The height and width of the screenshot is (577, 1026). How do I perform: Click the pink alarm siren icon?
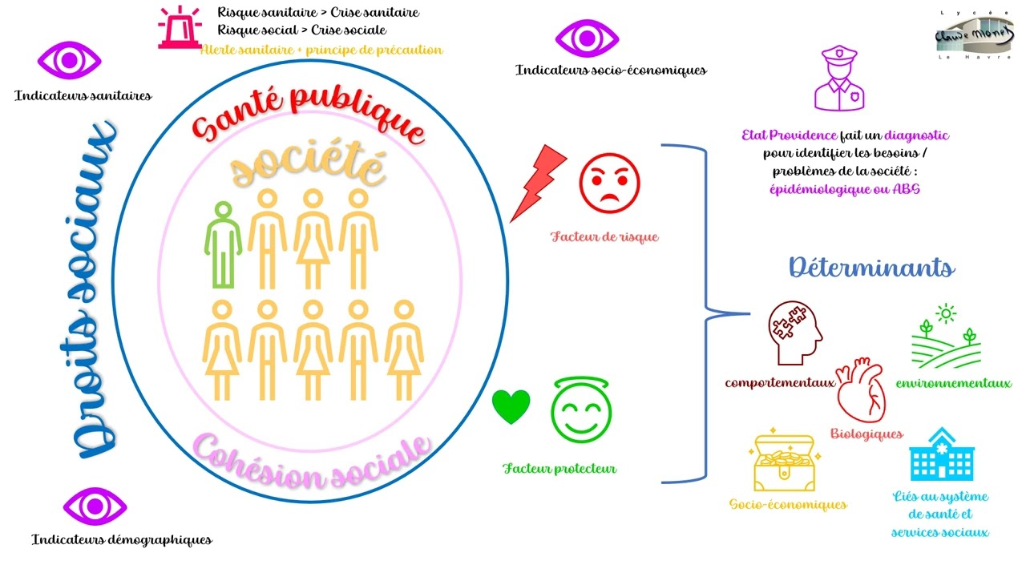point(180,27)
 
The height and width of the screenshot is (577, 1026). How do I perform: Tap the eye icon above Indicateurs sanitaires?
point(69,60)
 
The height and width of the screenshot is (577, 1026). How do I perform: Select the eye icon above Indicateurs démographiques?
point(95,506)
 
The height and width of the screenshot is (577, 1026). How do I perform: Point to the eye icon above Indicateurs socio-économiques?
point(587,38)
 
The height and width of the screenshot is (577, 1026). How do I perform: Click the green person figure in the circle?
point(223,245)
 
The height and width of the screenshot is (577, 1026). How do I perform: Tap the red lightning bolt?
point(538,184)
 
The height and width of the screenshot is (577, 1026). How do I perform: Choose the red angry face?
point(609,184)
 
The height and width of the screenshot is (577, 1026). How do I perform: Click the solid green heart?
point(511,406)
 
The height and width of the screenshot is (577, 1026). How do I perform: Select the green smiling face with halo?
point(581,410)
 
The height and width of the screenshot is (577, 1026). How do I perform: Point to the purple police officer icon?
point(839,78)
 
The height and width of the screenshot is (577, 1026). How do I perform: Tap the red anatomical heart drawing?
point(861,389)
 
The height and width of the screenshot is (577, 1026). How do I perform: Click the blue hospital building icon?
point(942,454)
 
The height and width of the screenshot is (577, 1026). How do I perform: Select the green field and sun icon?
point(947,336)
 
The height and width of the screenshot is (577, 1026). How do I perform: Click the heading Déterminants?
point(871,268)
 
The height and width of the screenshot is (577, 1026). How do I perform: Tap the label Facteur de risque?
point(604,236)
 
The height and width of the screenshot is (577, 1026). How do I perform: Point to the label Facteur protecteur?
point(559,469)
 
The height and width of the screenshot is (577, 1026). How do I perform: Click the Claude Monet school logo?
point(974,35)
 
